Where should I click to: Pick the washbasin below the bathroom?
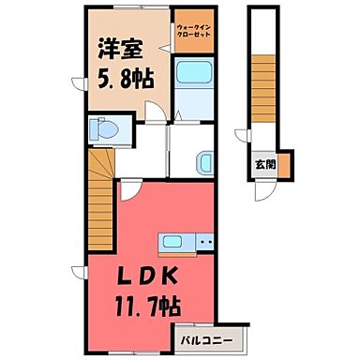click(206, 162)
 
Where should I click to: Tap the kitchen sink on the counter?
click(173, 243)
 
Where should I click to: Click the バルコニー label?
click(208, 335)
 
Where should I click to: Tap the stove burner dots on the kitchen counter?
click(204, 243)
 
